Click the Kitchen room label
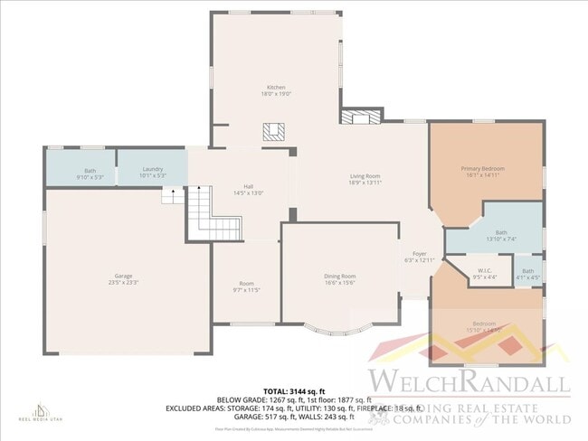(x=276, y=90)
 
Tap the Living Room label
(x=365, y=179)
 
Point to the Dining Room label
(x=340, y=279)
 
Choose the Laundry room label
(x=152, y=173)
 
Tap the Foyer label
(x=419, y=257)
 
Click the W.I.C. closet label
(x=483, y=275)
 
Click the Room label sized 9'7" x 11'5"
(x=247, y=286)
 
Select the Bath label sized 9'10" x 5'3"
(x=90, y=173)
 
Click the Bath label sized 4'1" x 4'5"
(x=527, y=274)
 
